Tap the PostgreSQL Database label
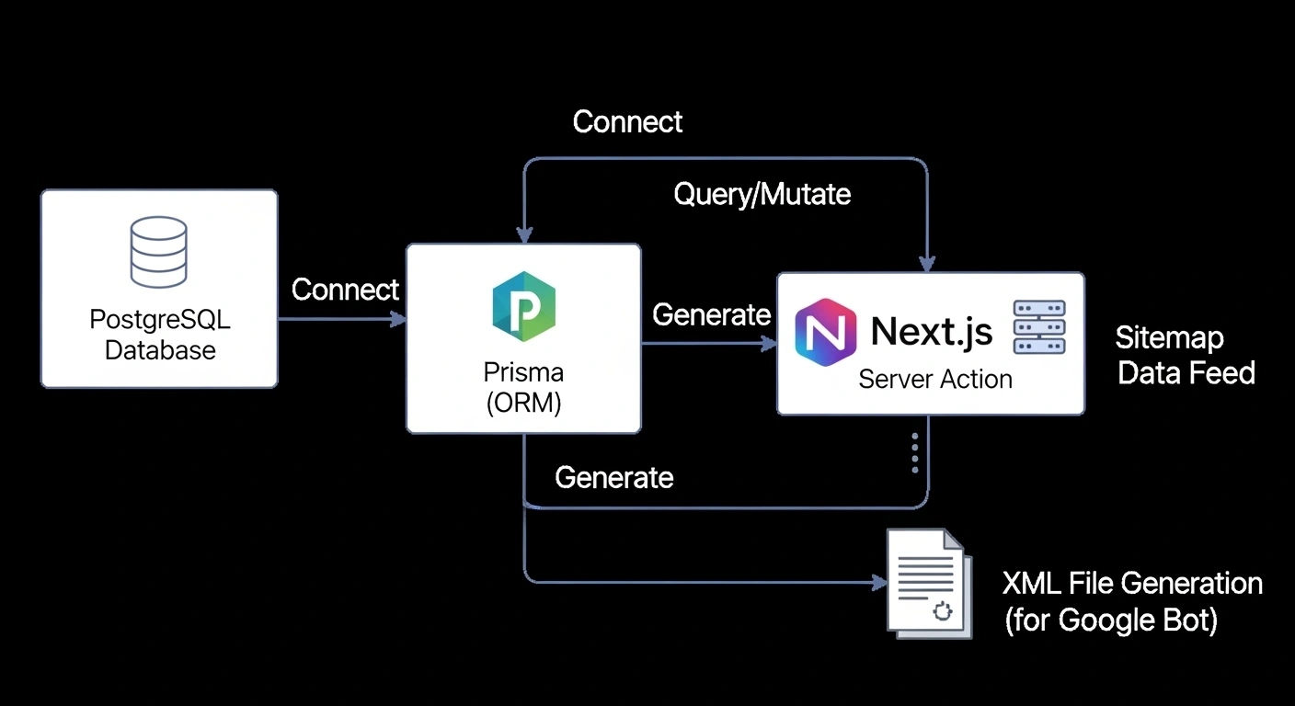pos(160,335)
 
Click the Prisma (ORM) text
pos(523,388)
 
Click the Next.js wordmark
pos(931,331)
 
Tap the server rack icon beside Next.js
pos(1038,327)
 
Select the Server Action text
pos(934,379)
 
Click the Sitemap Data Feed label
pos(1185,355)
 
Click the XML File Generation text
pos(1131,583)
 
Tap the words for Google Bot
pos(1111,621)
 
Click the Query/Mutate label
pos(762,194)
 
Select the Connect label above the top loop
pos(627,121)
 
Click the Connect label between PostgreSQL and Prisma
pos(345,290)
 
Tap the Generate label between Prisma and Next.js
pos(711,314)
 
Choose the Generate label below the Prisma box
pos(613,477)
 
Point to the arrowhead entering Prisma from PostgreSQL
pos(399,319)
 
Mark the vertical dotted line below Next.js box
pos(914,452)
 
